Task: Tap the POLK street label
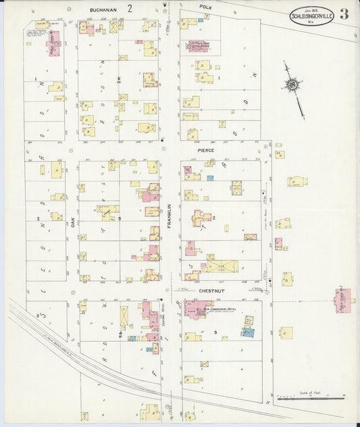pyautogui.click(x=206, y=6)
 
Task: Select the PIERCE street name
pyautogui.click(x=205, y=150)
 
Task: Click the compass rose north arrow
pyautogui.click(x=293, y=86)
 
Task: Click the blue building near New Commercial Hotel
pyautogui.click(x=249, y=332)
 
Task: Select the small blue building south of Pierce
pyautogui.click(x=210, y=178)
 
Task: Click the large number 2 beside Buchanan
pyautogui.click(x=138, y=8)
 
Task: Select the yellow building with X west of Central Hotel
pyautogui.click(x=124, y=317)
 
